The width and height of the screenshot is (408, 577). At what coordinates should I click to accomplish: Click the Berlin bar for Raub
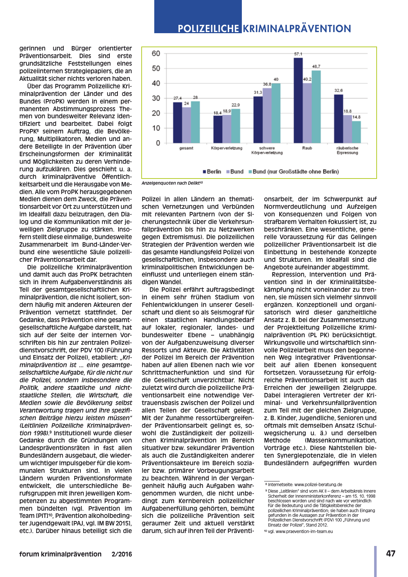pyautogui.click(x=298, y=101)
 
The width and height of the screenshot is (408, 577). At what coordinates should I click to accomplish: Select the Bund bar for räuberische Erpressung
pyautogui.click(x=347, y=129)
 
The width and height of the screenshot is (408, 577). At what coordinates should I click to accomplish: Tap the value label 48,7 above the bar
pyautogui.click(x=316, y=66)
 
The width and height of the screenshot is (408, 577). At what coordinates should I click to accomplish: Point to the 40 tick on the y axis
pyautogui.click(x=156, y=83)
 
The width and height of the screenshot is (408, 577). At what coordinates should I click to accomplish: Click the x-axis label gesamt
pyautogui.click(x=186, y=148)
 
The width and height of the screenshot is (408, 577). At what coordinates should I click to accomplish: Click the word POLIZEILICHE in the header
pyautogui.click(x=208, y=29)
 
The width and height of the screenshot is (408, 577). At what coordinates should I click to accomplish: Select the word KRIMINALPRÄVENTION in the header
pyautogui.click(x=297, y=29)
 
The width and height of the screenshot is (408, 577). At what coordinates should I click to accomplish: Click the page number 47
pyautogui.click(x=391, y=554)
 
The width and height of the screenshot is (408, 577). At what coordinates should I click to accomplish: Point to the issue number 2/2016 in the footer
pyautogui.click(x=121, y=554)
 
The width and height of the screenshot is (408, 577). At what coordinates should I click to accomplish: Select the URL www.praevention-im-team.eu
pyautogui.click(x=304, y=532)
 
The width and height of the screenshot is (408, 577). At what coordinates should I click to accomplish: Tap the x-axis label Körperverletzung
pyautogui.click(x=226, y=148)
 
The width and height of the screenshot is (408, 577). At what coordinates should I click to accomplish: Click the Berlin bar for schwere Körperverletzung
pyautogui.click(x=258, y=120)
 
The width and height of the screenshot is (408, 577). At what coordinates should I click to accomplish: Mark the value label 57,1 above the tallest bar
pyautogui.click(x=298, y=54)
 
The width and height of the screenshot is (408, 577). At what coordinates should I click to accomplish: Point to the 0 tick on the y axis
pyautogui.click(x=158, y=143)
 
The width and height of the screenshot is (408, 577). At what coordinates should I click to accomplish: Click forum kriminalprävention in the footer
pyautogui.click(x=60, y=554)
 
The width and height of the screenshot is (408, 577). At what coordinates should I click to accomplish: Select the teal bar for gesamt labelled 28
pyautogui.click(x=195, y=122)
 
